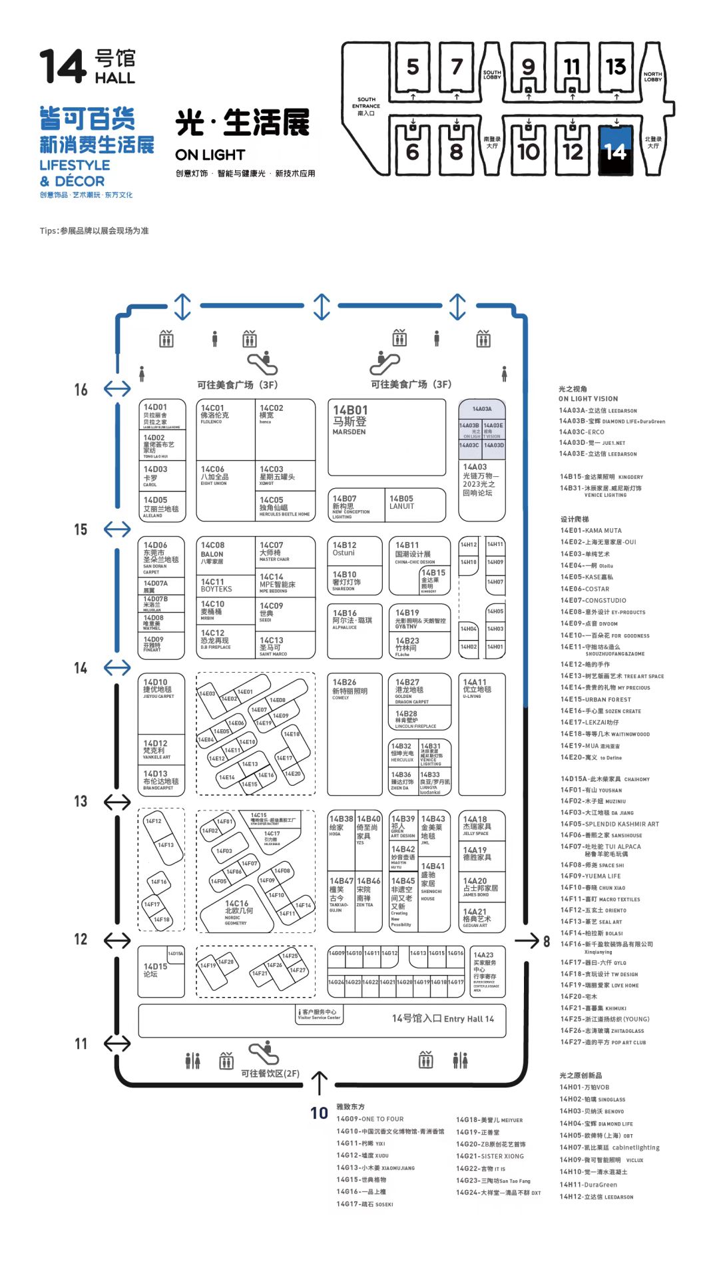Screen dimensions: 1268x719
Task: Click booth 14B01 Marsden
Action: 386,436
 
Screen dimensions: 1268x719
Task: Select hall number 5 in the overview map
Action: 413,67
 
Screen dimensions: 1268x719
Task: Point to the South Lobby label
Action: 492,75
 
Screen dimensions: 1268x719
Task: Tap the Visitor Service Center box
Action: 320,1014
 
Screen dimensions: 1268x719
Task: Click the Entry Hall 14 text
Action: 443,1018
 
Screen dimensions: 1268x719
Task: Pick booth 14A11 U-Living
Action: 481,733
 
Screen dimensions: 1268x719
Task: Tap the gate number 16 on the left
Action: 81,390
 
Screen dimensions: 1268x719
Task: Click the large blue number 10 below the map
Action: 319,1113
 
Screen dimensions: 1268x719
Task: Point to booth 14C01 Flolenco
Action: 225,430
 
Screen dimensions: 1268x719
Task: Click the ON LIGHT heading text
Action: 210,155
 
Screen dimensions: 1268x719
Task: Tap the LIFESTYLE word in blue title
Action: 75,165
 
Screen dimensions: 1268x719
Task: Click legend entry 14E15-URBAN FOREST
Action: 595,699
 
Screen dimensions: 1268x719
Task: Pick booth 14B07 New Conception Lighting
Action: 356,505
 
